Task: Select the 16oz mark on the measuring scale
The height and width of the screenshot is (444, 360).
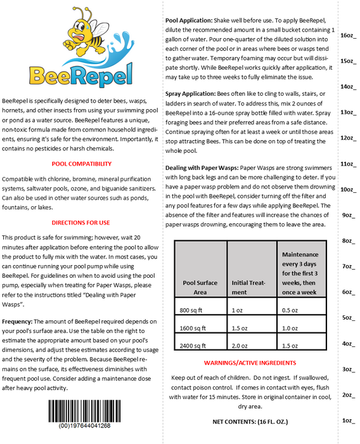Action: coord(348,36)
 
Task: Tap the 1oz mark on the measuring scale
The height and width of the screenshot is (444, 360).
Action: coord(348,421)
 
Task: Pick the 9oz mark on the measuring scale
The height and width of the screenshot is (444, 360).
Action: coord(348,215)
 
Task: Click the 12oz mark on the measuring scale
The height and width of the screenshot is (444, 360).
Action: coord(348,138)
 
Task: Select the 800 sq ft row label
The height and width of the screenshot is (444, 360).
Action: coord(193,310)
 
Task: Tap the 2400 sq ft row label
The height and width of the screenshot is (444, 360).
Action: coord(195,346)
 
